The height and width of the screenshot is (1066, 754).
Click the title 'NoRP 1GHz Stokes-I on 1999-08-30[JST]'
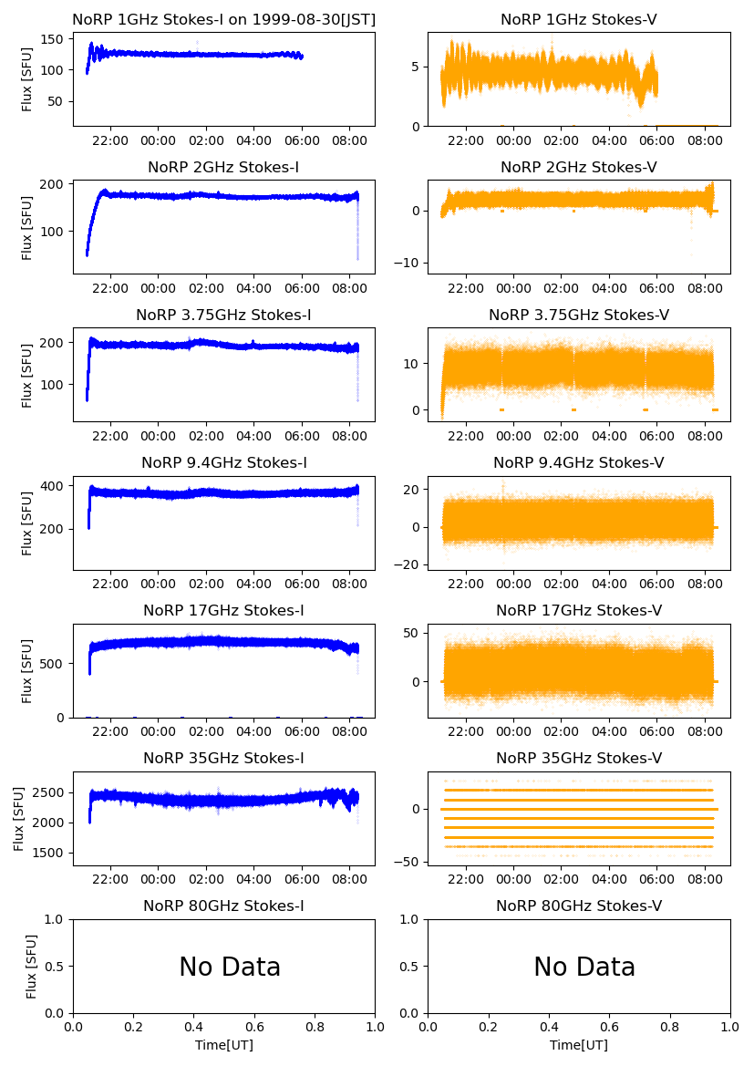[x=223, y=19]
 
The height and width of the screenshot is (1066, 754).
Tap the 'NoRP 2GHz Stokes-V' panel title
[x=579, y=167]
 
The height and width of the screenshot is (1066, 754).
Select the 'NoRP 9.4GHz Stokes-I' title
[x=223, y=462]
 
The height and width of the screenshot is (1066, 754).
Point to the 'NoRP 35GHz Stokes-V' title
[x=579, y=758]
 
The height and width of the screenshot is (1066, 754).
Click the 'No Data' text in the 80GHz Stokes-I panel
[x=230, y=967]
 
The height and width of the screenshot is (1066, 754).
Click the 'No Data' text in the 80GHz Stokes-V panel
[x=584, y=967]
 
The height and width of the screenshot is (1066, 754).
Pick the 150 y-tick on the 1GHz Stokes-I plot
[x=55, y=39]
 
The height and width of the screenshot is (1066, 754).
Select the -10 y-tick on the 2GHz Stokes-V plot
[x=409, y=263]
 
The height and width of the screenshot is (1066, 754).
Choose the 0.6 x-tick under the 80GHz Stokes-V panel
[x=610, y=1028]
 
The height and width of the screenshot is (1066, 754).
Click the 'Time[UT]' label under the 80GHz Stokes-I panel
[x=223, y=1045]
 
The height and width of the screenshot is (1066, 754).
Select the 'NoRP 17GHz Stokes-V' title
[x=579, y=610]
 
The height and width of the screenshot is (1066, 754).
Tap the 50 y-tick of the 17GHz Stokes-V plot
[x=413, y=633]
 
